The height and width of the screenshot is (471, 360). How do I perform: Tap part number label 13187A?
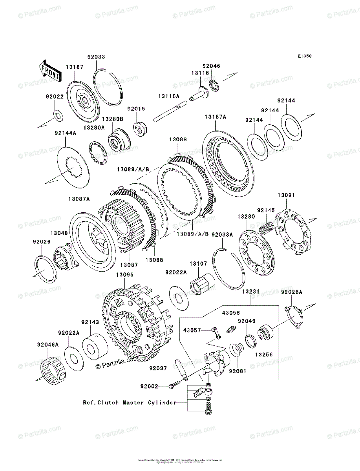[215, 117]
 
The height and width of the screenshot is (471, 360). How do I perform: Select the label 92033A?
[222, 234]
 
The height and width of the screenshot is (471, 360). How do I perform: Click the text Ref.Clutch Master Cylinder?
[129, 402]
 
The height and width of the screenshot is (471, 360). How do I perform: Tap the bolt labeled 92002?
[172, 386]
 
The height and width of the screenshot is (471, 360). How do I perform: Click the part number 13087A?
[79, 199]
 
